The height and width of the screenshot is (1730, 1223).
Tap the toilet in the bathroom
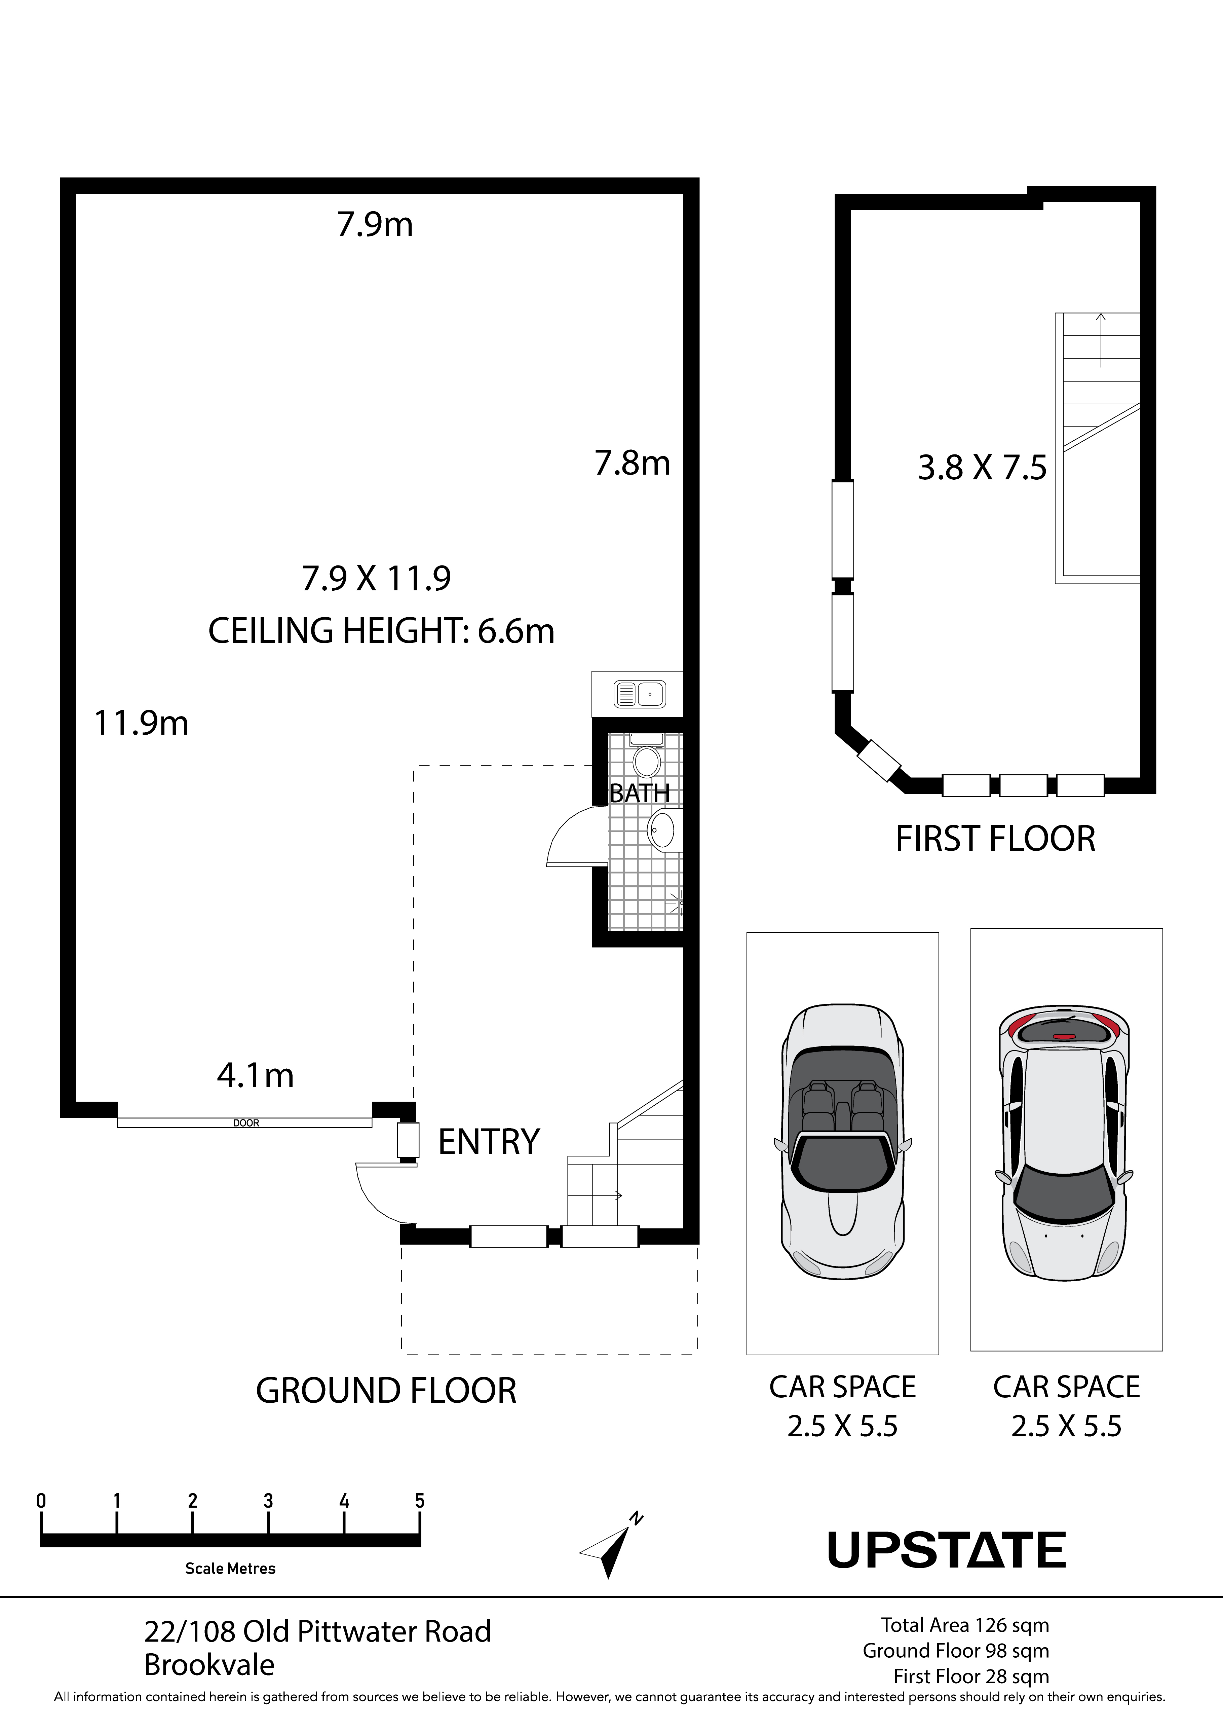coord(646,756)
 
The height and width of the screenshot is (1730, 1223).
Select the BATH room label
coord(639,794)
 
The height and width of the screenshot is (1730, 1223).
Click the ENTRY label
coord(489,1142)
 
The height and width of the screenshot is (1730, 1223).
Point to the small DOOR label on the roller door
coord(246,1123)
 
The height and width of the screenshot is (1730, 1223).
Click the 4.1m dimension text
coord(255,1075)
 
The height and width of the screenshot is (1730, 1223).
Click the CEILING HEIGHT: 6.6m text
coord(381,631)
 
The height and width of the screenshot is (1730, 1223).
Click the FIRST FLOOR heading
coord(995,839)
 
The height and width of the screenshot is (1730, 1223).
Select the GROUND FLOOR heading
coord(386,1390)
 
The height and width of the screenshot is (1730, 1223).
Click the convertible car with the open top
coord(843,1142)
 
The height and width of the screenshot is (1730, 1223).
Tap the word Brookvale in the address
coord(209,1665)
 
